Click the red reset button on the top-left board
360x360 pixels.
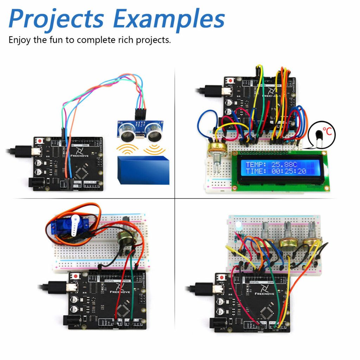[x=40, y=141]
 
